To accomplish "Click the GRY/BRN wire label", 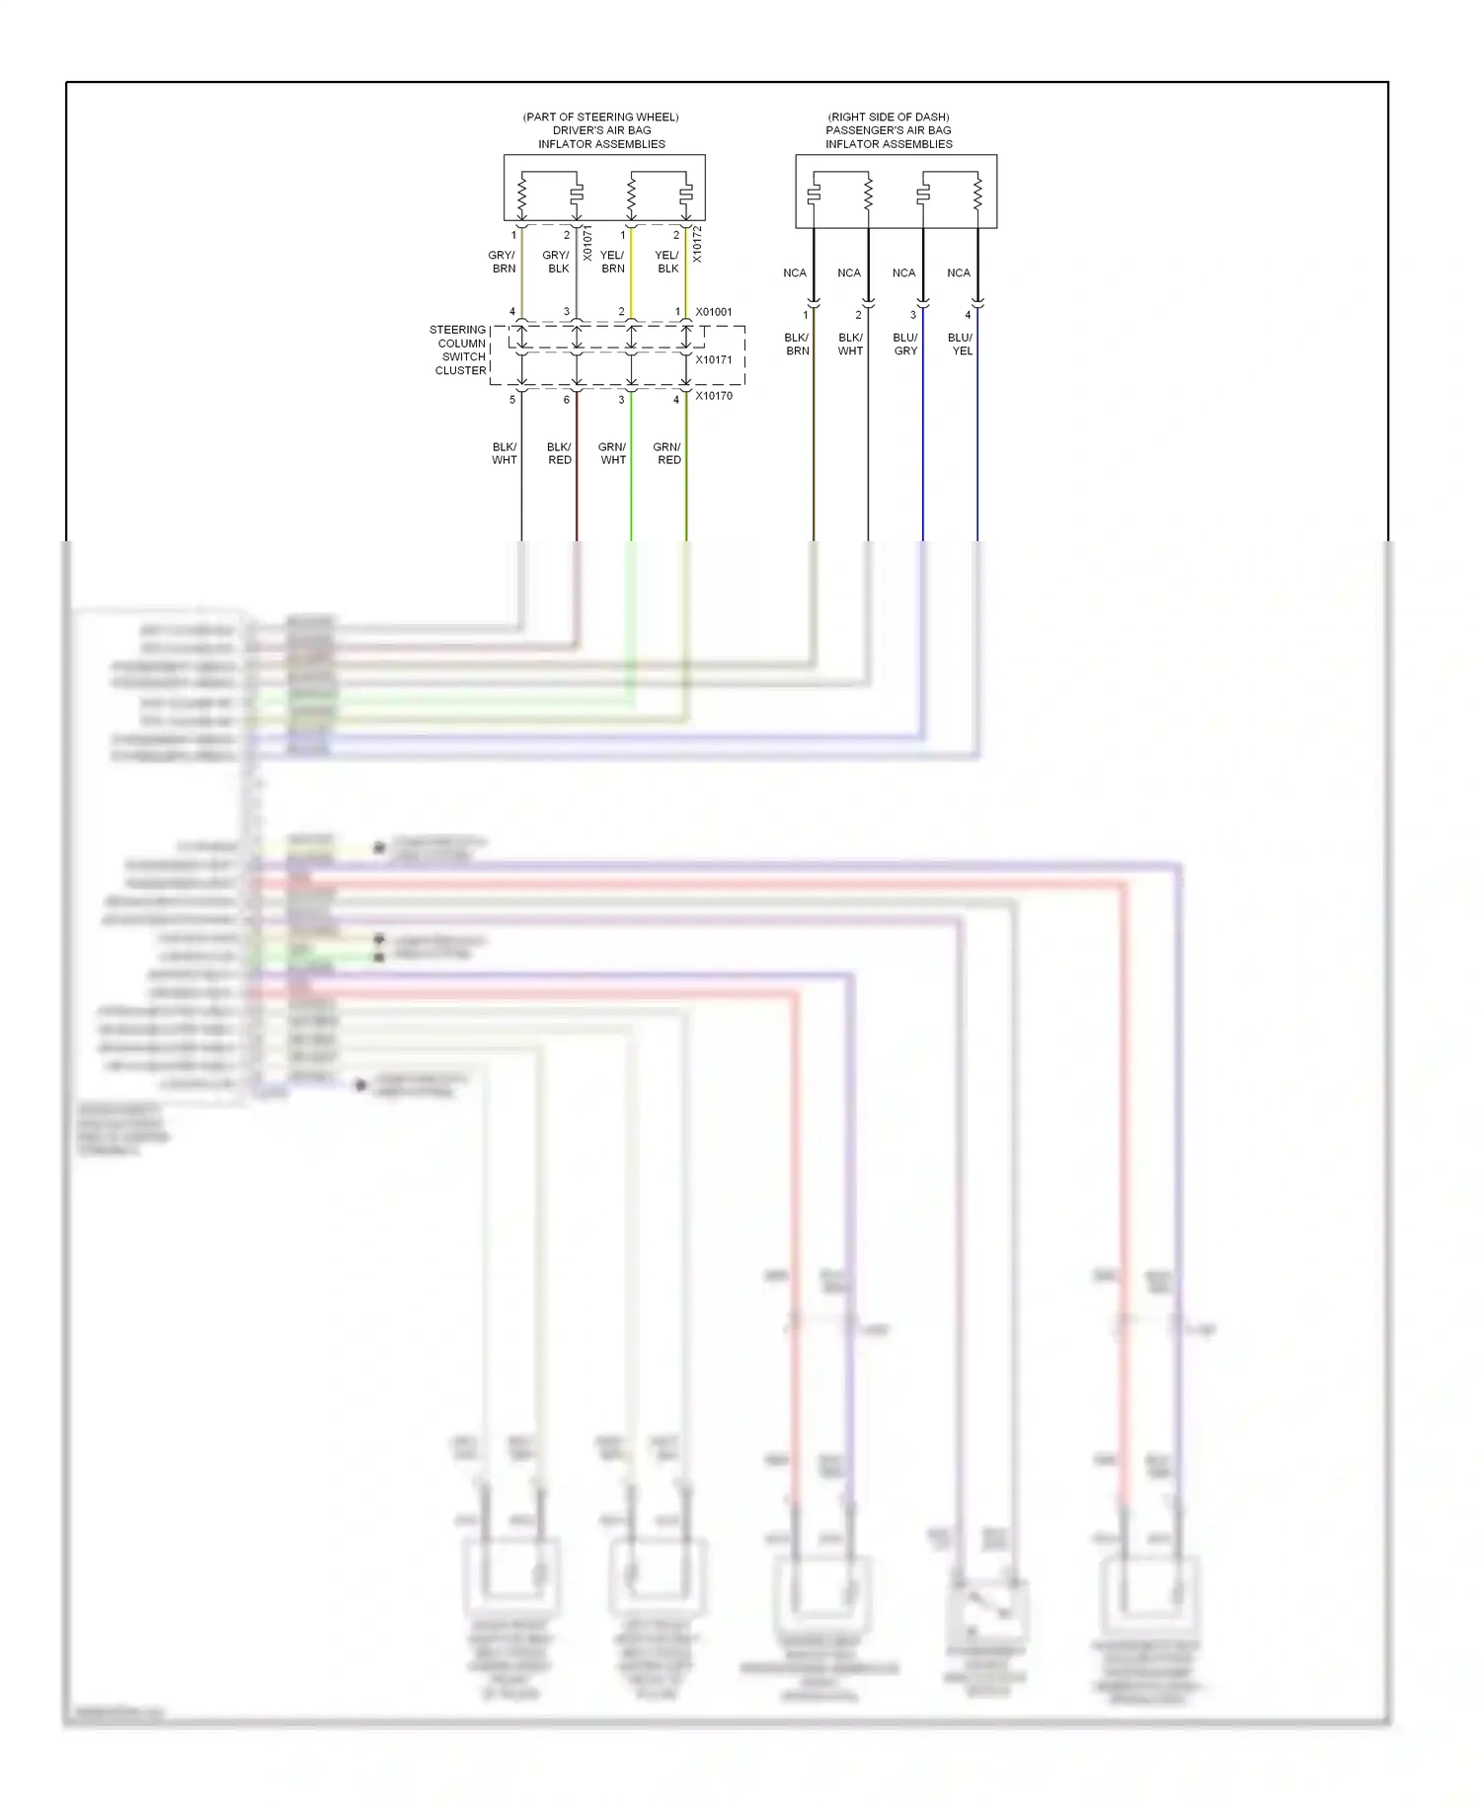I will click(503, 262).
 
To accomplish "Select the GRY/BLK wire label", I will click(557, 262).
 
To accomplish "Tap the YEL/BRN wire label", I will click(612, 262).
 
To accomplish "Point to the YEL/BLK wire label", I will click(667, 262).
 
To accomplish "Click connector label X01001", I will click(714, 312).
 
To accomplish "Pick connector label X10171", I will click(714, 359).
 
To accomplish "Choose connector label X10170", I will click(714, 396).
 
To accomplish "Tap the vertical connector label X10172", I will click(697, 244).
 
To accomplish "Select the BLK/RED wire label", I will click(559, 453).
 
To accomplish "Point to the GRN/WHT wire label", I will click(613, 453).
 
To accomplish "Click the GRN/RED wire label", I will click(668, 453).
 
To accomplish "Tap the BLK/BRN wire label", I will click(797, 344).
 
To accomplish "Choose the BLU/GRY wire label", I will click(905, 344).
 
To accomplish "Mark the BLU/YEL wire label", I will click(961, 344).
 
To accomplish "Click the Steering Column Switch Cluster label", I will click(459, 351).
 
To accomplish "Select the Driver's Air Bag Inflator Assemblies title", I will click(601, 130).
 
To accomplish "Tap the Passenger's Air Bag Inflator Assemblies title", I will click(889, 130).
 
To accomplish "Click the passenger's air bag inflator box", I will click(896, 192).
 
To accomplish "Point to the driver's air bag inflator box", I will click(604, 188).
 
